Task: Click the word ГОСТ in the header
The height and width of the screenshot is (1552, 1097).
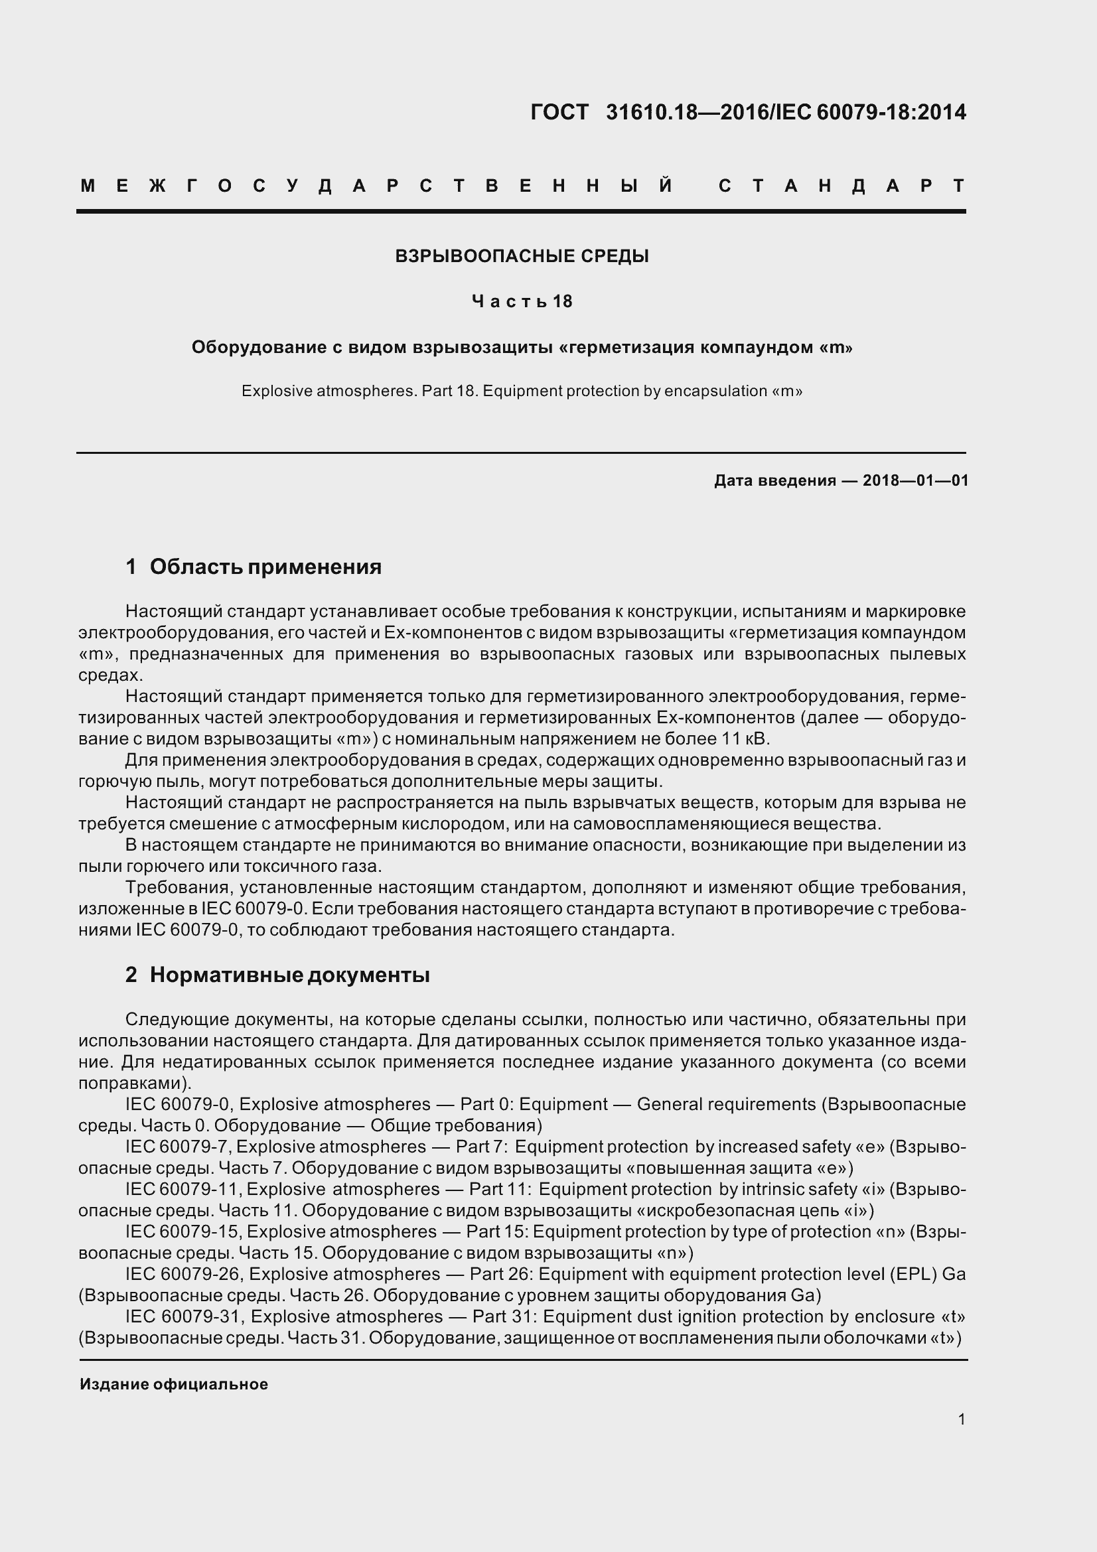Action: (559, 111)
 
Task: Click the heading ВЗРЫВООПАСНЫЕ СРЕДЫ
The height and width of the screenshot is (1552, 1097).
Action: (522, 256)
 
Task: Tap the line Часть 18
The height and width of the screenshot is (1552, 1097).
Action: (522, 301)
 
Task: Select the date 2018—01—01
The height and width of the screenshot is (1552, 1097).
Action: (915, 480)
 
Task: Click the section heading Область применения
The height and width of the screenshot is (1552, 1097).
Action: (265, 567)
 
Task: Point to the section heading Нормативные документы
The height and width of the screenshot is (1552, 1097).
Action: (289, 975)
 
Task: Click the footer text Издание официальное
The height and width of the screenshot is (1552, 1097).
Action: (174, 1384)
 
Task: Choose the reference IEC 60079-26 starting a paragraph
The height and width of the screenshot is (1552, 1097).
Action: (184, 1274)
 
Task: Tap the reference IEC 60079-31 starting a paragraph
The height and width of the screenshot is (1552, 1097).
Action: (184, 1316)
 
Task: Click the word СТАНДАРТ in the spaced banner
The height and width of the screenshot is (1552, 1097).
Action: (841, 186)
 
